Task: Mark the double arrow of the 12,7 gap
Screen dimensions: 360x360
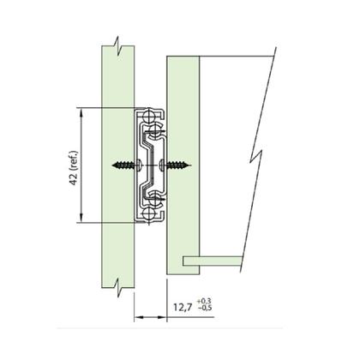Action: pos(151,316)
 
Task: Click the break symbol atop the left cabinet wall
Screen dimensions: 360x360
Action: pos(116,45)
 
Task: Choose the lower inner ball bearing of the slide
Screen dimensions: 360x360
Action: pos(156,200)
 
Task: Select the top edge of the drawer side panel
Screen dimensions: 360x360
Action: pos(183,57)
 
